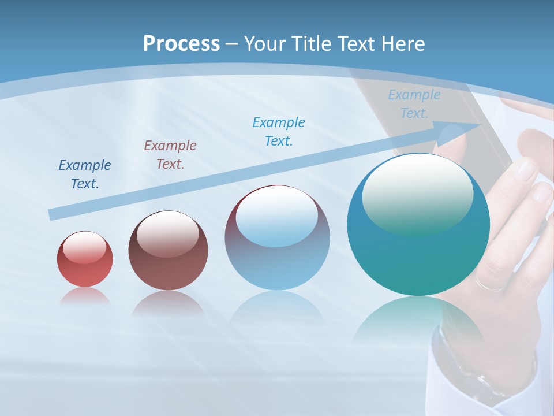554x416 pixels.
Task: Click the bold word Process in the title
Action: (x=181, y=43)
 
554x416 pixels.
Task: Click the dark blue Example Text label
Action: (x=85, y=174)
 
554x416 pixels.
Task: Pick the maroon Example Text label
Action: (x=170, y=155)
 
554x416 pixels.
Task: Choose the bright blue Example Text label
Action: (x=279, y=131)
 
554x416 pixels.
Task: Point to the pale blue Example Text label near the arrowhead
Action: (x=414, y=104)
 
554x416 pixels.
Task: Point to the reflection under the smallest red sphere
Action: (x=85, y=296)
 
